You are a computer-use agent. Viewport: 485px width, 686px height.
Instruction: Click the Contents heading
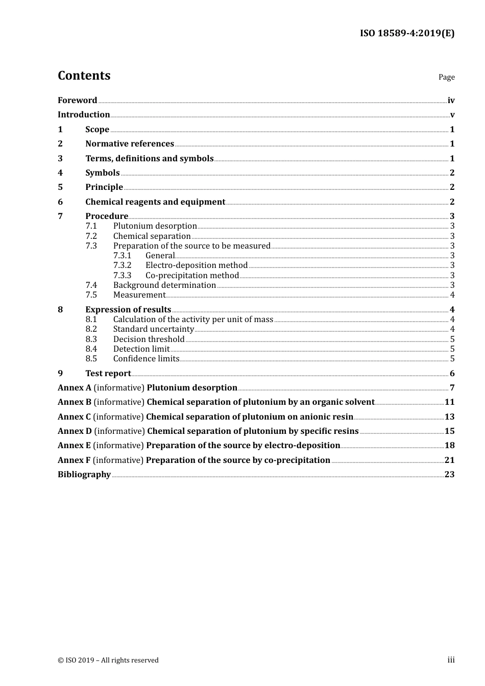(x=84, y=76)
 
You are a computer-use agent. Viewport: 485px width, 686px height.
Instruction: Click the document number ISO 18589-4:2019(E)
(x=407, y=33)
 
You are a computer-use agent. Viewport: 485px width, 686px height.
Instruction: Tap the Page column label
(x=446, y=77)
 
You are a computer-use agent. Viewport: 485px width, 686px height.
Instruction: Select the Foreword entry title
(x=77, y=101)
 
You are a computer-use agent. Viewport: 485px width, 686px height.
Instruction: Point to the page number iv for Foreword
(x=451, y=101)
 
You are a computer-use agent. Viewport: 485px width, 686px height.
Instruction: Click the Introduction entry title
(x=84, y=115)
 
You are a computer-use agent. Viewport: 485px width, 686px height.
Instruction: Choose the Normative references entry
(x=130, y=144)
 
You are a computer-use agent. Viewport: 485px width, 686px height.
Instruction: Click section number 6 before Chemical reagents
(x=60, y=202)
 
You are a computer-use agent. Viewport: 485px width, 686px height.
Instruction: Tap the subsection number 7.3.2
(x=122, y=265)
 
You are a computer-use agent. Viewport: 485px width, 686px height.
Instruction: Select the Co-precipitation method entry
(x=192, y=276)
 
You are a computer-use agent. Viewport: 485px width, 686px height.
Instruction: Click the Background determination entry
(x=164, y=285)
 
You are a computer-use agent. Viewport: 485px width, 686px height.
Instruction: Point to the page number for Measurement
(x=452, y=295)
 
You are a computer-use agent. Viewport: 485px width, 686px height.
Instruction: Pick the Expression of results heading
(x=128, y=310)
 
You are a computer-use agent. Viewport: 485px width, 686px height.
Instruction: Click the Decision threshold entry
(x=149, y=339)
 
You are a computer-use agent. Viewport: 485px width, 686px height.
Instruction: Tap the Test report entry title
(x=108, y=374)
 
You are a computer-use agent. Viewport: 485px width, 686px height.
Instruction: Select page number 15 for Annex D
(x=449, y=431)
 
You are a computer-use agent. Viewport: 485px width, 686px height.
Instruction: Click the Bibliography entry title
(x=84, y=475)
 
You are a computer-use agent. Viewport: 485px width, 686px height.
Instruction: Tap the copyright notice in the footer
(x=108, y=660)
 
